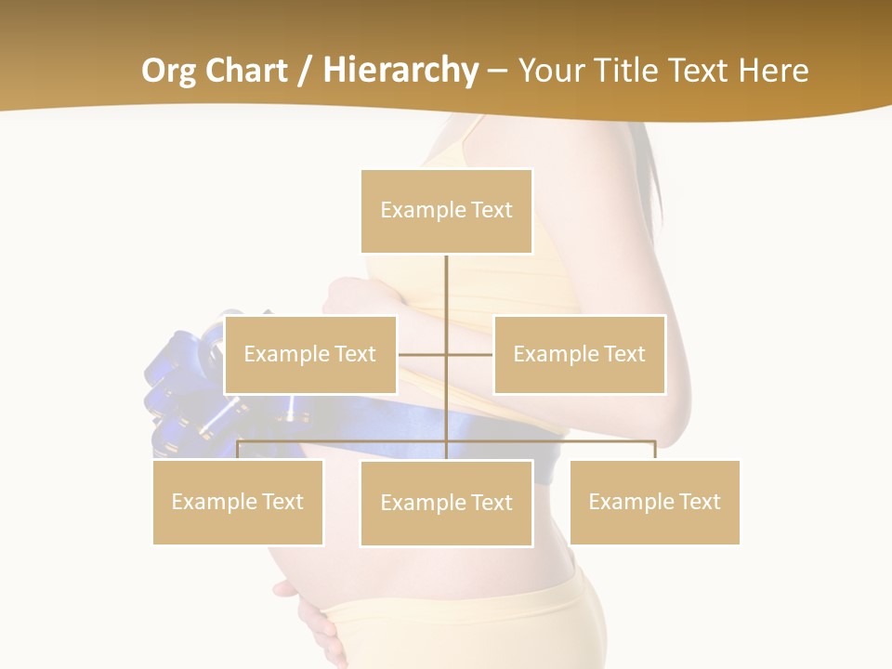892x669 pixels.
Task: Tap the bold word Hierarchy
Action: pyautogui.click(x=400, y=71)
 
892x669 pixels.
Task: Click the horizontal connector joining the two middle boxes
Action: pyautogui.click(x=469, y=354)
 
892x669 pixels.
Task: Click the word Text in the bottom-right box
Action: pyautogui.click(x=700, y=502)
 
